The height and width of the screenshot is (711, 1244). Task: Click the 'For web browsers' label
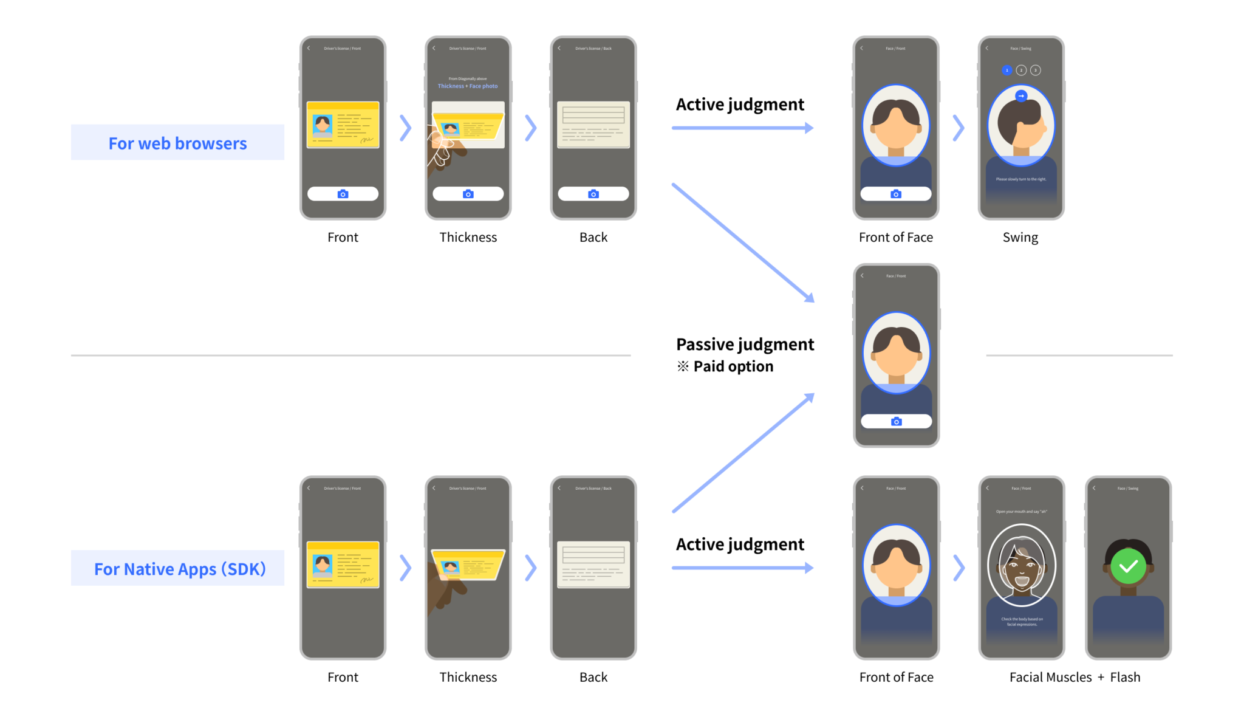177,143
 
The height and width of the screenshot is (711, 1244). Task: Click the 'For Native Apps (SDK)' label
180,569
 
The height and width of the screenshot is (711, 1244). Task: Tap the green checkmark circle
1128,566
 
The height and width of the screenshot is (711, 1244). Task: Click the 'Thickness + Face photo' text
467,86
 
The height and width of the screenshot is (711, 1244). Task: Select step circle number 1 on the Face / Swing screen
1006,70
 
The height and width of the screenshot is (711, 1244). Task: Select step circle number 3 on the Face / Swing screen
1036,70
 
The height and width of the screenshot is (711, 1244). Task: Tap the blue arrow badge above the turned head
1021,96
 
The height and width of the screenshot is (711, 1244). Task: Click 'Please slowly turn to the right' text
1020,179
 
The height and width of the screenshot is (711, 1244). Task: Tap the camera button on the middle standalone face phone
896,422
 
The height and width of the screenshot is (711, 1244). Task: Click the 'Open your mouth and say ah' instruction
1021,512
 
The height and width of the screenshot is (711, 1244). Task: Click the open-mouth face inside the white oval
1021,568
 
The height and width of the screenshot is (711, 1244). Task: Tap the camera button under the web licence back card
593,194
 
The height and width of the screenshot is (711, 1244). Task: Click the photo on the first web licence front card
323,125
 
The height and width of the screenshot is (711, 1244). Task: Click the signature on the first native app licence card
366,580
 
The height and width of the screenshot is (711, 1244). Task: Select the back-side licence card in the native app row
593,565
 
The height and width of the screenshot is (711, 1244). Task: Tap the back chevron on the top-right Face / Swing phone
987,48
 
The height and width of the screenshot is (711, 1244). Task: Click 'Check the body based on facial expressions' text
1022,622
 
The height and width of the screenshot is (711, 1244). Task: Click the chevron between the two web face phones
959,128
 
